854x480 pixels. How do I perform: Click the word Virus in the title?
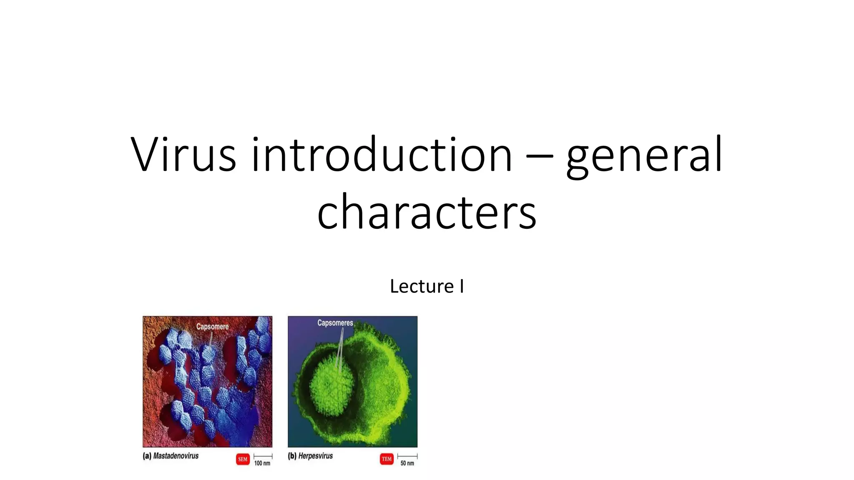coord(183,155)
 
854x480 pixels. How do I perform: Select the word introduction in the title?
coord(382,155)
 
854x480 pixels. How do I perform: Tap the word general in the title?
coord(644,156)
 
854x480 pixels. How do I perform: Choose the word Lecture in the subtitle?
coord(422,286)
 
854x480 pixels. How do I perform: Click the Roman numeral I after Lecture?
coord(462,286)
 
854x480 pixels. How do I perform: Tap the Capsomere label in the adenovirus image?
coord(212,327)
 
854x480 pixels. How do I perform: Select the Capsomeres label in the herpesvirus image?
coord(335,323)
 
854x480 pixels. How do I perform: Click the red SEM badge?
coord(243,459)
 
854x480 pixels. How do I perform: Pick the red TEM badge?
coord(387,459)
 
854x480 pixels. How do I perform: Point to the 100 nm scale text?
coord(262,463)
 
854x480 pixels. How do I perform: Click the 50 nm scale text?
coord(407,463)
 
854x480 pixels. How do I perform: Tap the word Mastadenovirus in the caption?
coord(176,456)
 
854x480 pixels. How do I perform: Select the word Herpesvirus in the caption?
coord(316,456)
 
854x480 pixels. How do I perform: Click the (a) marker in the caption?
coord(147,456)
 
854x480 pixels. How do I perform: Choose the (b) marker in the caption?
coord(292,456)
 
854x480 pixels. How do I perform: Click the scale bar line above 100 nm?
coord(263,456)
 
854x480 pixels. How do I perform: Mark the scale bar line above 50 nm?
coord(407,456)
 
